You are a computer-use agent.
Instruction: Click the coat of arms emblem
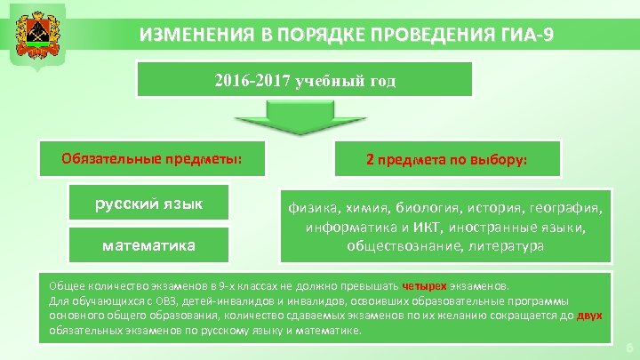(34, 35)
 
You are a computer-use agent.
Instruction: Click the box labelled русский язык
(149, 204)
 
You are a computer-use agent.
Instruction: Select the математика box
(149, 244)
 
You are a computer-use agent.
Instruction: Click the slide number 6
(628, 346)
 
